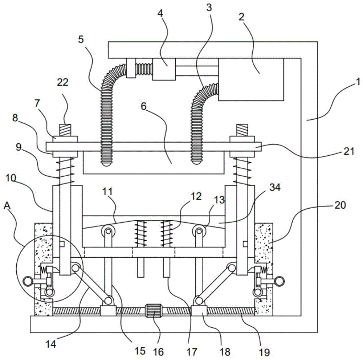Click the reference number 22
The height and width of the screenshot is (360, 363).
coord(62,82)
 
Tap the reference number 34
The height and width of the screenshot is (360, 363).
coord(275,187)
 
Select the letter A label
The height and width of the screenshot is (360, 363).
coord(7,206)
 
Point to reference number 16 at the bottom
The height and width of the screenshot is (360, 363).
coord(158,352)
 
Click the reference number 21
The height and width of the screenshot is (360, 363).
coord(348,151)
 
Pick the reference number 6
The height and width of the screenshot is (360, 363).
coord(143,106)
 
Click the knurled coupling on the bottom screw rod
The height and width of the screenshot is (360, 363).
coord(153,311)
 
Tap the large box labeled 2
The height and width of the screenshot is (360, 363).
coord(251,79)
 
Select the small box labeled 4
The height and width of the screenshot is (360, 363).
coord(164,69)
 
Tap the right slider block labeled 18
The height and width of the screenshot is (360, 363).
coord(199,310)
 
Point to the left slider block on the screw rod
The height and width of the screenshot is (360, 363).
coord(108,310)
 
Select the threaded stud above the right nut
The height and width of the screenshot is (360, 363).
coord(242,130)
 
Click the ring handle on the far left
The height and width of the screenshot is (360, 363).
coord(28,281)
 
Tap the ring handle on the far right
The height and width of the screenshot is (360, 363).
coord(280,281)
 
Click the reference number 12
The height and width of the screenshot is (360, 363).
coord(196,197)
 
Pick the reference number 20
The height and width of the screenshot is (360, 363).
coord(340,205)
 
